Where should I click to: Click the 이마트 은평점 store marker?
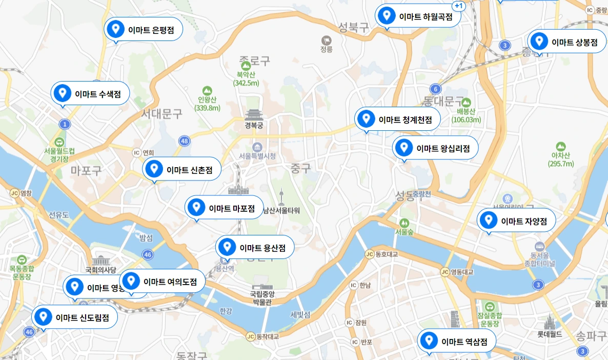pos(143,30)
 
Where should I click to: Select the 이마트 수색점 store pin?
pos(90,94)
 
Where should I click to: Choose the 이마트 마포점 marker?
pos(224,208)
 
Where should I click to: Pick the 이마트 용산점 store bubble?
pos(255,248)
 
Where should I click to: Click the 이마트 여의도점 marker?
pos(163,281)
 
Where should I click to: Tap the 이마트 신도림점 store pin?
pos(75,317)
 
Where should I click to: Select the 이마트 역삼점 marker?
pos(457,341)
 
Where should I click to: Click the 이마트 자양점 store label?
pos(516,221)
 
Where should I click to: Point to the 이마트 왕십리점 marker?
pos(435,148)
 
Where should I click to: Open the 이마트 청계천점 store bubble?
pos(397,119)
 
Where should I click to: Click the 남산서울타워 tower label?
pos(281,210)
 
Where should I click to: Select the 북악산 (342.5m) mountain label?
pos(246,78)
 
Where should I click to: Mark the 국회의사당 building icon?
pos(101,260)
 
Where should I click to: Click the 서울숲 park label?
pos(404,232)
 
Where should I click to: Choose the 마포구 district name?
pos(86,170)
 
